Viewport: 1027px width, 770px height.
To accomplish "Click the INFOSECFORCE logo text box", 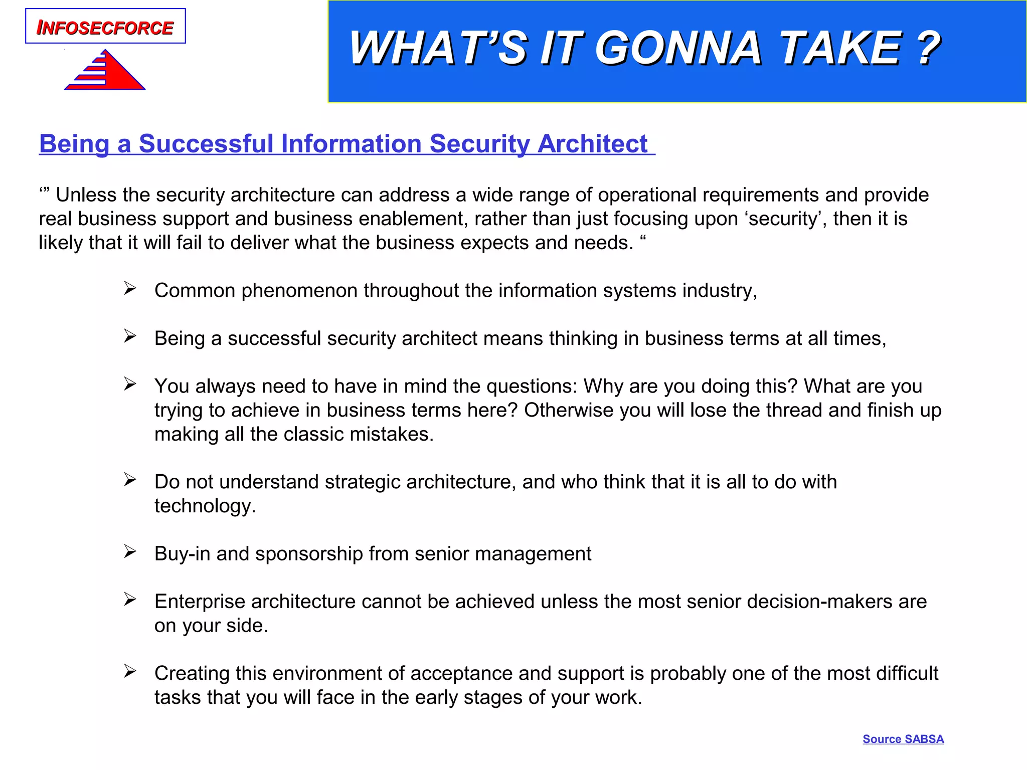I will (x=105, y=27).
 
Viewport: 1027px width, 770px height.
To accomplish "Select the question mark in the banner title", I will (x=927, y=48).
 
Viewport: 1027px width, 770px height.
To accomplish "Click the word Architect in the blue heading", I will (x=592, y=144).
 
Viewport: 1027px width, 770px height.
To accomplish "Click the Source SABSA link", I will (x=903, y=739).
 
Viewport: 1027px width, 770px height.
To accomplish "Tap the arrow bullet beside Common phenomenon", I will (x=130, y=289).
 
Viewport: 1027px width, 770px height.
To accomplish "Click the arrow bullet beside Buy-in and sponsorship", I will (x=130, y=552).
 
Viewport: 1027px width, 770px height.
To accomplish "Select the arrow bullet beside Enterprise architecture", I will (x=130, y=600).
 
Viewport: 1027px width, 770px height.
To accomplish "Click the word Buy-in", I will (x=182, y=554).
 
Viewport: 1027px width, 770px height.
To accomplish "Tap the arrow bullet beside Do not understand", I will (x=130, y=480).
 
